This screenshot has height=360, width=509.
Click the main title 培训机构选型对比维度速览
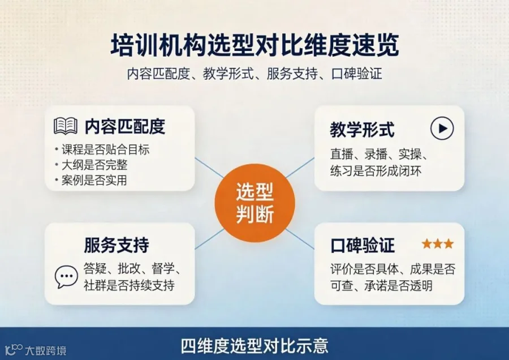255,45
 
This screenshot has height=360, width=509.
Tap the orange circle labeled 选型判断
255,203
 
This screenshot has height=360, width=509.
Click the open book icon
66,126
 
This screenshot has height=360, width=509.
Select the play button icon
442,128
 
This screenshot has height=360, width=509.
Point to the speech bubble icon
66,277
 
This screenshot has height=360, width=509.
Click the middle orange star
438,244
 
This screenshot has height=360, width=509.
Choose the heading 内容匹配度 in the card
125,126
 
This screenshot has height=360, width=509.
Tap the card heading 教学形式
363,130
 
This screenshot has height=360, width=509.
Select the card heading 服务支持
117,245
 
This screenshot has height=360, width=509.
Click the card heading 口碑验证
363,245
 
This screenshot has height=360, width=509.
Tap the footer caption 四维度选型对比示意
255,346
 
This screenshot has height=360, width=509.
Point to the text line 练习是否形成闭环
376,170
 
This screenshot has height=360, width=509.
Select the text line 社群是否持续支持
129,285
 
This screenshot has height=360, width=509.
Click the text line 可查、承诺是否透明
381,286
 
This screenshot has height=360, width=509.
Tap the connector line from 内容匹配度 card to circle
209,168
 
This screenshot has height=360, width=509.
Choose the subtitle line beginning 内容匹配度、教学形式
255,74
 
